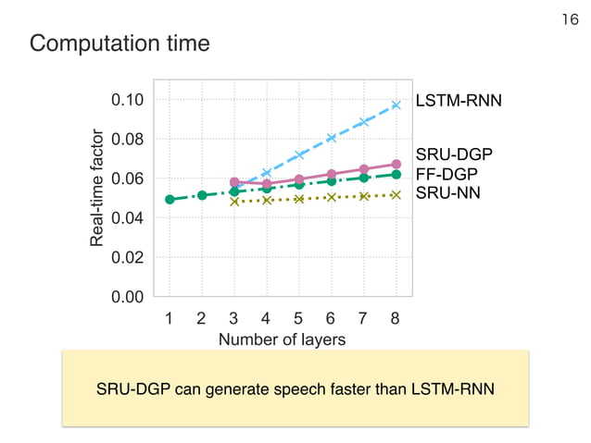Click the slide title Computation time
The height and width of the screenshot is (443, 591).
[119, 43]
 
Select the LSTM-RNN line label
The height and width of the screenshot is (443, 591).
[459, 100]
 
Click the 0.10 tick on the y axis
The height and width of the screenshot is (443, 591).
[128, 100]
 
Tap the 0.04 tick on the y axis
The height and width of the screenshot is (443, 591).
[128, 218]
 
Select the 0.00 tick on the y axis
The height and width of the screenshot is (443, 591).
[128, 297]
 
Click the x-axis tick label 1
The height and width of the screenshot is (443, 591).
[170, 320]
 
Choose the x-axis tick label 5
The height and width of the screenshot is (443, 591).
[298, 320]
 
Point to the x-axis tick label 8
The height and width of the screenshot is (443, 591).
[396, 320]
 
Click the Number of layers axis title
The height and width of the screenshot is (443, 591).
[282, 340]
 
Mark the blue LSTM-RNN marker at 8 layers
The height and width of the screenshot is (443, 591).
[396, 105]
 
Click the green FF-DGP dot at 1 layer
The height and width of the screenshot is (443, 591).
[170, 199]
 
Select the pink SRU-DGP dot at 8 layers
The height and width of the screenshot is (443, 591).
[396, 165]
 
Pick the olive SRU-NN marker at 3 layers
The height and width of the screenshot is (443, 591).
[234, 201]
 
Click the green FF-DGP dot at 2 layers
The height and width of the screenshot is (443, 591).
[202, 195]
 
